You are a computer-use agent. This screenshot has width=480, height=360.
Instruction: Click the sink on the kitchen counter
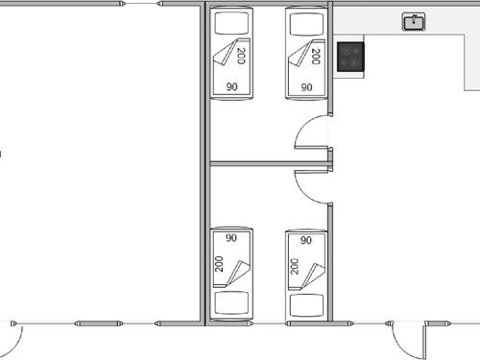415,21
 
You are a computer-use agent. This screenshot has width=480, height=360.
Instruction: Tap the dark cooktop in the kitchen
351,57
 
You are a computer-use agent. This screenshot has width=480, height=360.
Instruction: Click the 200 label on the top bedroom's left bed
241,56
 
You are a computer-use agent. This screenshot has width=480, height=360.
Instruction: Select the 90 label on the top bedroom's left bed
231,86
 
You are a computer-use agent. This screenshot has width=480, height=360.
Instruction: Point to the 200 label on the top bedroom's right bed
316,56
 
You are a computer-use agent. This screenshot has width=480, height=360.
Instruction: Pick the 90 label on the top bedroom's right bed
306,86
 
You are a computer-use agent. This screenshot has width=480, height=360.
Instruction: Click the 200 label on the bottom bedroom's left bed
220,264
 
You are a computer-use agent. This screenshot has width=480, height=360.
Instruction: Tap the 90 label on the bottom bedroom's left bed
231,238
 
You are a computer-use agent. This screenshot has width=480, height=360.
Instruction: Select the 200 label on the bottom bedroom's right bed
295,264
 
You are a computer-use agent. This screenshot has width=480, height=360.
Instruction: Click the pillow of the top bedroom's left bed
231,21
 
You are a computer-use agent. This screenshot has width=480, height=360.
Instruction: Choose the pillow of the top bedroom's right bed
306,21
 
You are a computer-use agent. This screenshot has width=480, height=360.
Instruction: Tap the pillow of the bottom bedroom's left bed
231,304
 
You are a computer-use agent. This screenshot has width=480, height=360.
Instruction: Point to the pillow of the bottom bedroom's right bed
306,304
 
